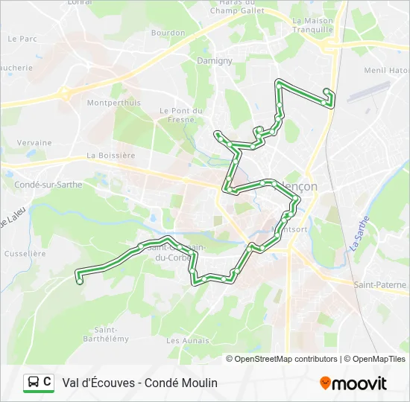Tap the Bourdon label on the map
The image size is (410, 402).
tap(168, 33)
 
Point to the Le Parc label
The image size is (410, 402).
tap(22, 38)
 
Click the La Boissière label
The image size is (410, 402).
tap(111, 156)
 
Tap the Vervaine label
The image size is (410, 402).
tap(34, 143)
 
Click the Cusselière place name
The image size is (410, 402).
tap(25, 253)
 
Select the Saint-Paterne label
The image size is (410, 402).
tap(380, 284)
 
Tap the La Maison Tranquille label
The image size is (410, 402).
tap(312, 25)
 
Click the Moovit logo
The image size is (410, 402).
tap(353, 383)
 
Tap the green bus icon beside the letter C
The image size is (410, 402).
tap(33, 383)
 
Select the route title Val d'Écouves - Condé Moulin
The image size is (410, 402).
tap(140, 383)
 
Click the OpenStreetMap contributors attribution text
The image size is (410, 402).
tap(286, 359)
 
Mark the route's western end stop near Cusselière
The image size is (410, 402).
tap(80, 281)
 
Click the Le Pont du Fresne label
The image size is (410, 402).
tap(181, 115)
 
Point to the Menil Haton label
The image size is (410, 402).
tap(386, 71)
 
